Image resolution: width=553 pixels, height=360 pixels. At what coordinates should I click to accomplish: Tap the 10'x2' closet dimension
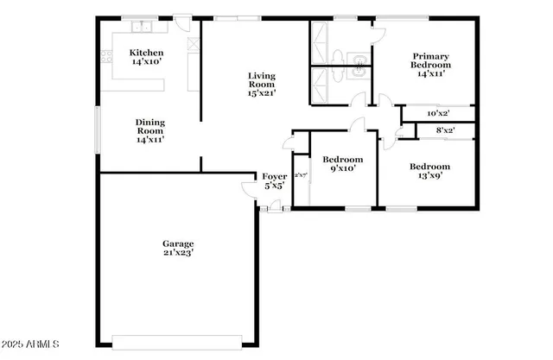(x=439, y=113)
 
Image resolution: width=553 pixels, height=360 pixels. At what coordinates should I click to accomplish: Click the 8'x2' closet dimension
(x=445, y=130)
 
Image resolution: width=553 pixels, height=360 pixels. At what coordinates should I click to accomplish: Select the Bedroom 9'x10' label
(x=343, y=160)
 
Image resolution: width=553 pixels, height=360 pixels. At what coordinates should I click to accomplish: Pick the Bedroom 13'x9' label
(x=429, y=167)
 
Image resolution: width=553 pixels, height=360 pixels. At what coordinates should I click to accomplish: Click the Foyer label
(x=274, y=176)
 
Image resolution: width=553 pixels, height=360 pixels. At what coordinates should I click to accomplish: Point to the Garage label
(x=178, y=243)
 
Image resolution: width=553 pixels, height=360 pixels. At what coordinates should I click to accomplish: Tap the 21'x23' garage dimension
(x=178, y=254)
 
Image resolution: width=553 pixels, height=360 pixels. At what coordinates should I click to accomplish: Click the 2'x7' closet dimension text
(x=301, y=175)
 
